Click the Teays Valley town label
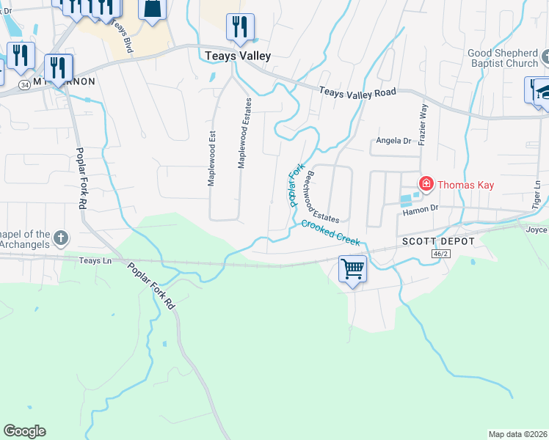pyautogui.click(x=239, y=56)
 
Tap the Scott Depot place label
pyautogui.click(x=438, y=241)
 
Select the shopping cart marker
pyautogui.click(x=352, y=269)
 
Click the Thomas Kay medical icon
pyautogui.click(x=425, y=183)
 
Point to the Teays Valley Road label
pyautogui.click(x=357, y=92)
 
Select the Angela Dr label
pyautogui.click(x=393, y=141)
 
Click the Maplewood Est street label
pyautogui.click(x=211, y=158)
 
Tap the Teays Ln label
pyautogui.click(x=99, y=260)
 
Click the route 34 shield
pyautogui.click(x=24, y=85)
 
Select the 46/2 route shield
pyautogui.click(x=438, y=253)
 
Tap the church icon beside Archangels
pyautogui.click(x=61, y=238)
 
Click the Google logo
pyautogui.click(x=24, y=431)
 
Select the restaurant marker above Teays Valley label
pyautogui.click(x=240, y=27)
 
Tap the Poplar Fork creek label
pyautogui.click(x=296, y=186)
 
